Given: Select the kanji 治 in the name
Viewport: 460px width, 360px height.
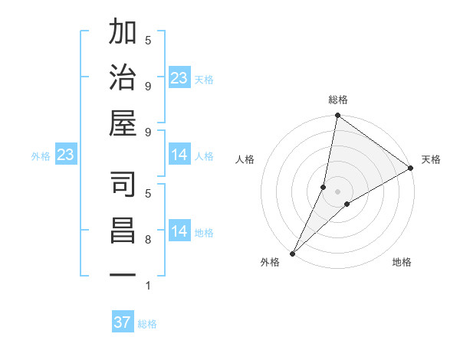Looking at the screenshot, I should [x=123, y=78].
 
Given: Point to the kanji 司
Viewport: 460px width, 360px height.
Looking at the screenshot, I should [x=123, y=185].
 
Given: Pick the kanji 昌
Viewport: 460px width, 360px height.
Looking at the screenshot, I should [x=123, y=231].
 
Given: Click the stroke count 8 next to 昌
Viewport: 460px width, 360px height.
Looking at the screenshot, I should [x=148, y=240].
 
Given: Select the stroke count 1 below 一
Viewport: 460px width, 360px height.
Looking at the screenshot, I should [x=148, y=286].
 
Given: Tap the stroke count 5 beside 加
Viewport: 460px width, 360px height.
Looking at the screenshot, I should [x=148, y=40].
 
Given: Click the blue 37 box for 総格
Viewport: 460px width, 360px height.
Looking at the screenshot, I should [x=123, y=322].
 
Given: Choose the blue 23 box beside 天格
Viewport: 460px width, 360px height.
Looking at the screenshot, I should [x=179, y=78].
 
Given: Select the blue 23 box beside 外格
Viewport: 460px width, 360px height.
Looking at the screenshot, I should [x=66, y=155].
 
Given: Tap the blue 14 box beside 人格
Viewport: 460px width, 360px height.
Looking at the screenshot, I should [x=179, y=155].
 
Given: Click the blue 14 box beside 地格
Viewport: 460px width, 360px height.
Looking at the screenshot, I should [x=179, y=231].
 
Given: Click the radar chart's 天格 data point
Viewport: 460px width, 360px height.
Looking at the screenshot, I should [x=411, y=169].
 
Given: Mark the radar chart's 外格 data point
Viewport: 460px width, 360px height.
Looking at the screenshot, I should [x=292, y=254].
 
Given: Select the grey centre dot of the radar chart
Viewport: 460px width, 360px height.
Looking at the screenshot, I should [x=337, y=191].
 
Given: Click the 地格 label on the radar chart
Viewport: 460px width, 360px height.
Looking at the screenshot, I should [x=402, y=262].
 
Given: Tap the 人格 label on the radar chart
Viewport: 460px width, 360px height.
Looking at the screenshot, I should [x=245, y=159].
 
